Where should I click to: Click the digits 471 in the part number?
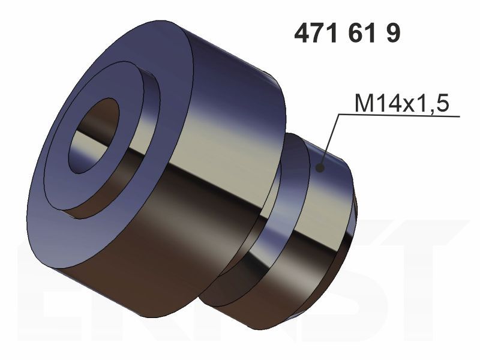(x=316, y=34)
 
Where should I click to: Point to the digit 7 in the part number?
(x=316, y=34)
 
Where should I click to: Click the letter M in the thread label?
(x=363, y=103)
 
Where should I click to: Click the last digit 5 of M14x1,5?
(x=442, y=103)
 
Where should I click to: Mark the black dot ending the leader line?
(x=320, y=167)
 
